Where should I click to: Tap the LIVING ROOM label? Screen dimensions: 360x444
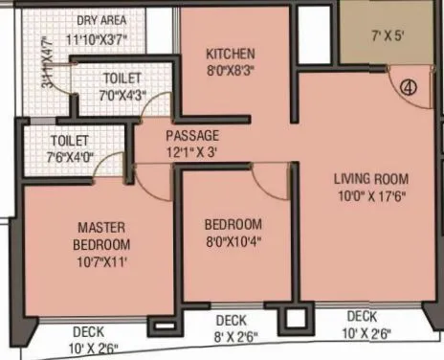371,178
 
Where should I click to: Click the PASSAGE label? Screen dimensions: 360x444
192,135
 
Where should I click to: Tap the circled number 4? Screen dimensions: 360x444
409,86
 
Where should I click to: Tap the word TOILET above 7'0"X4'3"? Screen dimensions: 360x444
122,77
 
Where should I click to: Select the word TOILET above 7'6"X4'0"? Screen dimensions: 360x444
70,140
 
